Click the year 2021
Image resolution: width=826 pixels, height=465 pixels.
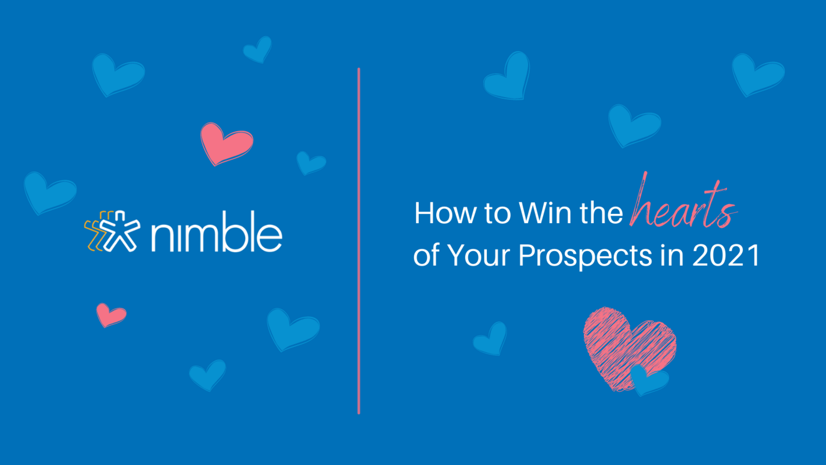pos(726,255)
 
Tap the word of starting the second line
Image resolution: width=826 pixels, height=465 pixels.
pos(426,256)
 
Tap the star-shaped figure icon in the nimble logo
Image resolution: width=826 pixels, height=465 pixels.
pos(120,231)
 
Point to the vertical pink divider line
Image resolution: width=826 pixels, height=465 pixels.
pos(359,241)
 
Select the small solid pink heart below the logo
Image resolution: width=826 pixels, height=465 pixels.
pos(110,314)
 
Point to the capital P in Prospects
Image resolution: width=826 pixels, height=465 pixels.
pos(527,255)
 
